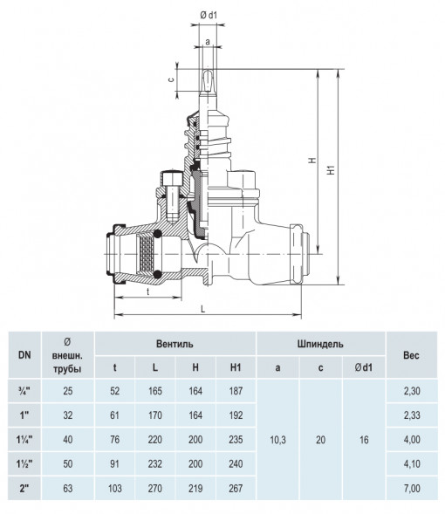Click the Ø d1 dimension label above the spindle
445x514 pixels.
[209, 15]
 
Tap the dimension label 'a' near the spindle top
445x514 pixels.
[208, 42]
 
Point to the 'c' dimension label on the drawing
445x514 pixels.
[171, 79]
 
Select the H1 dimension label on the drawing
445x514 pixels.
[332, 169]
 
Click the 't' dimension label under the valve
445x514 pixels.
[148, 291]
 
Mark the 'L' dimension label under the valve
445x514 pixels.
[202, 309]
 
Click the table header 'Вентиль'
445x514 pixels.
[175, 344]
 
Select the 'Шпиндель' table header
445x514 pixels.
[320, 344]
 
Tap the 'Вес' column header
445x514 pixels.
[411, 355]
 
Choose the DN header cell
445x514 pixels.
[24, 354]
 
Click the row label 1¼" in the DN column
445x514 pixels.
[24, 440]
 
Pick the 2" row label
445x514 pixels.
[24, 489]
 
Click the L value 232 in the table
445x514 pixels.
[155, 464]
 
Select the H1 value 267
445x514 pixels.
[236, 489]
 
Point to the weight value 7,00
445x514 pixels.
[412, 489]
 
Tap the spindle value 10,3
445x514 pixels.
[277, 440]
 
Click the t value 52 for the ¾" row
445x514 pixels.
[114, 391]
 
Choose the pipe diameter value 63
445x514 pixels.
[68, 489]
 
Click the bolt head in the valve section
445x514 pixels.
[171, 178]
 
